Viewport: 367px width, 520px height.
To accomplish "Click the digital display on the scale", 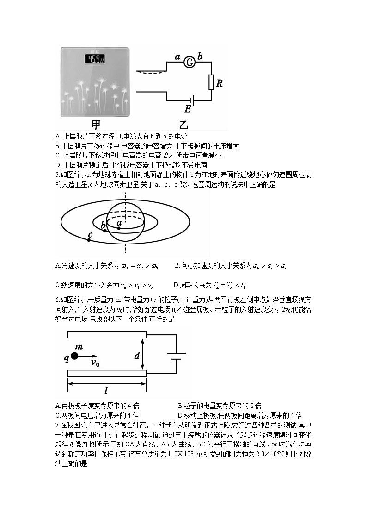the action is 94,59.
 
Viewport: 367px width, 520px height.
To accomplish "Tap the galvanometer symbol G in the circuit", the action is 189,62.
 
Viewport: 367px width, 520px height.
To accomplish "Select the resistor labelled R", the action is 211,82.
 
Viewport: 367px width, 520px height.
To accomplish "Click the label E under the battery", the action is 187,109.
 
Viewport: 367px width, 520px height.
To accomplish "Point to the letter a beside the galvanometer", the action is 177,57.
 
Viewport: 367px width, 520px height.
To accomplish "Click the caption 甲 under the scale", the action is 96,125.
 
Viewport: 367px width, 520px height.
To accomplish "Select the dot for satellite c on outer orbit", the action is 88,240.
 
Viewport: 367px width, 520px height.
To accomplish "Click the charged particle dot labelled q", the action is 74,356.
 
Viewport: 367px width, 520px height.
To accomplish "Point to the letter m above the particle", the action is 79,346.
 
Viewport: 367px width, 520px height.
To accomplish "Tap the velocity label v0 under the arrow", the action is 95,363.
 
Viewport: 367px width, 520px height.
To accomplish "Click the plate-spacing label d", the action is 137,356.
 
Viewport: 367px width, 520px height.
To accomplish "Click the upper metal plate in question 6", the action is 107,335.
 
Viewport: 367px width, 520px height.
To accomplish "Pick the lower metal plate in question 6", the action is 107,373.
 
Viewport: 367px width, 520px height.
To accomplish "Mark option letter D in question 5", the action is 176,285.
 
